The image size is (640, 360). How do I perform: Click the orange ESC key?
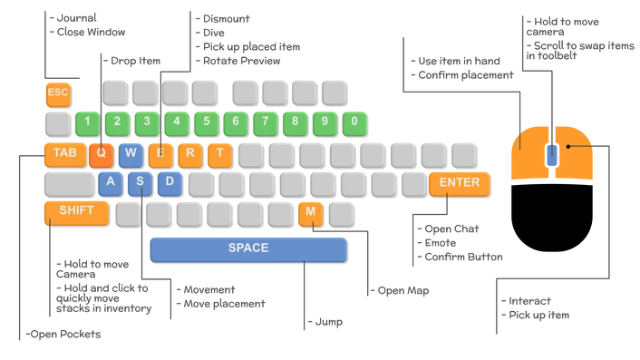coord(57,92)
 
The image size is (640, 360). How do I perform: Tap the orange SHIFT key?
coord(76,211)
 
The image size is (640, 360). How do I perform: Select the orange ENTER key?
coord(459,182)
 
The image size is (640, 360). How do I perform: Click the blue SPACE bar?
coord(248,248)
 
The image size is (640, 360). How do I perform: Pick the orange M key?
coord(310,212)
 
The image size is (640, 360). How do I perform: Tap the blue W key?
coord(131,152)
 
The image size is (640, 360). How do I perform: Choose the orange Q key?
coord(101,152)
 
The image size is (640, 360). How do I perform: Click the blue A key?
coord(111,181)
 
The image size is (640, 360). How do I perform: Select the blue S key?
coord(140,181)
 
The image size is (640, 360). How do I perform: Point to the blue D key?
coord(170,181)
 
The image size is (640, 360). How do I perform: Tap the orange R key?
coord(189,152)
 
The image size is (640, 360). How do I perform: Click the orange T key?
coord(218,152)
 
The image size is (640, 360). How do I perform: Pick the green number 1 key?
coord(87,122)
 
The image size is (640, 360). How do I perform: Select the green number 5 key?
coord(207,122)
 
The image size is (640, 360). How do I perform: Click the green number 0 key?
coord(354,122)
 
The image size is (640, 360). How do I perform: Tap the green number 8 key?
coord(296,122)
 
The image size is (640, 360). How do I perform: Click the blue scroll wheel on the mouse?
coord(551,154)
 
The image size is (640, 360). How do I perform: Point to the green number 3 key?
coord(147,122)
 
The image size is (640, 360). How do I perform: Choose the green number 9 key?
coord(325,122)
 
